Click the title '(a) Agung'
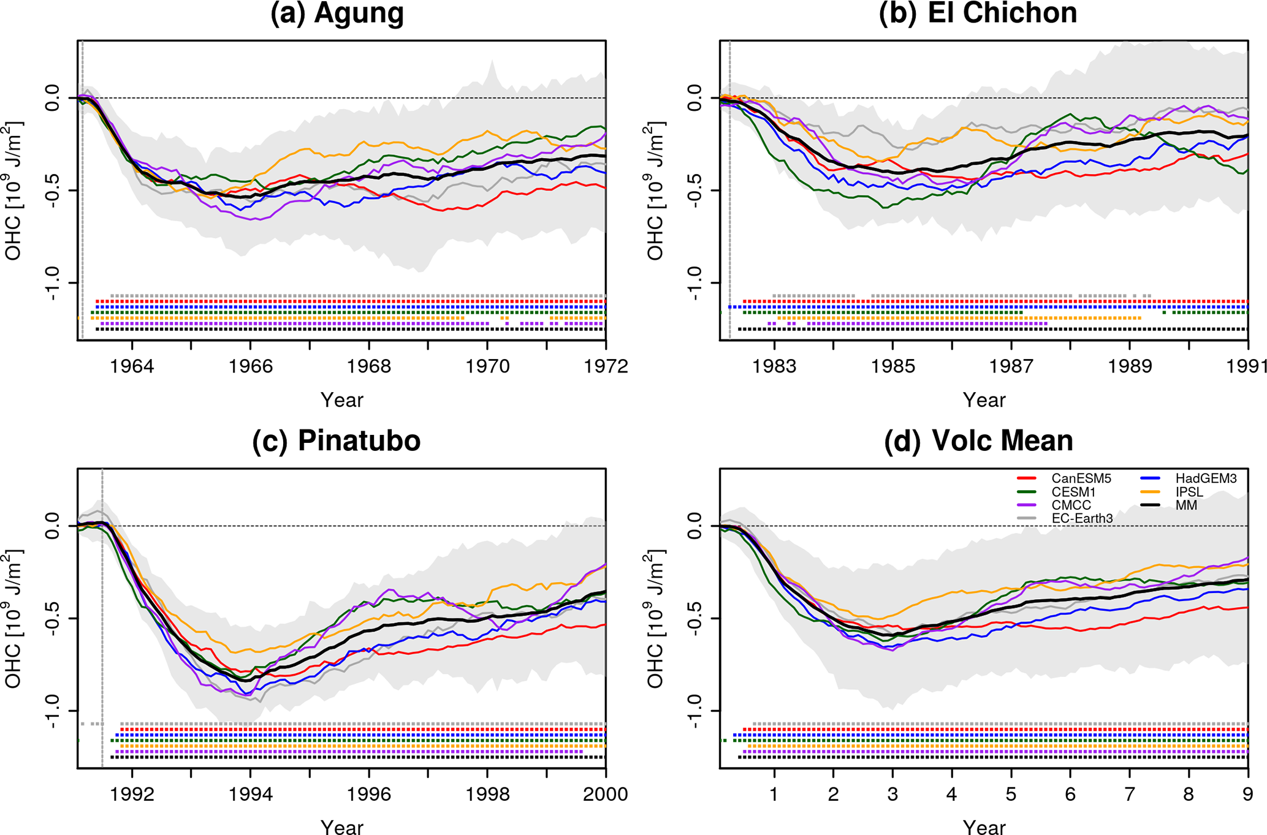click(337, 13)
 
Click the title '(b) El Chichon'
click(978, 13)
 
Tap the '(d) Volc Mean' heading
click(978, 441)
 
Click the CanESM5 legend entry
click(1081, 478)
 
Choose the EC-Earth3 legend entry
click(1082, 519)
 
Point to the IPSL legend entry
click(1189, 492)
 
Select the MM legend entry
click(1186, 505)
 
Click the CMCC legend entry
click(1071, 505)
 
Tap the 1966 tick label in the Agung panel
click(250, 366)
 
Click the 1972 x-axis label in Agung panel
click(606, 366)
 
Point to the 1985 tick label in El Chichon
click(892, 366)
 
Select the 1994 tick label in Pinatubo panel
click(250, 795)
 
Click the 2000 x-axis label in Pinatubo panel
click(606, 795)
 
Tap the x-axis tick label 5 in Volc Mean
click(1011, 795)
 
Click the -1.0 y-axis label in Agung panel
click(54, 283)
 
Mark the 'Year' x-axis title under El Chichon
click(984, 400)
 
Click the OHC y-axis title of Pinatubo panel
click(13, 619)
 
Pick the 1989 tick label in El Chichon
click(1130, 366)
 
